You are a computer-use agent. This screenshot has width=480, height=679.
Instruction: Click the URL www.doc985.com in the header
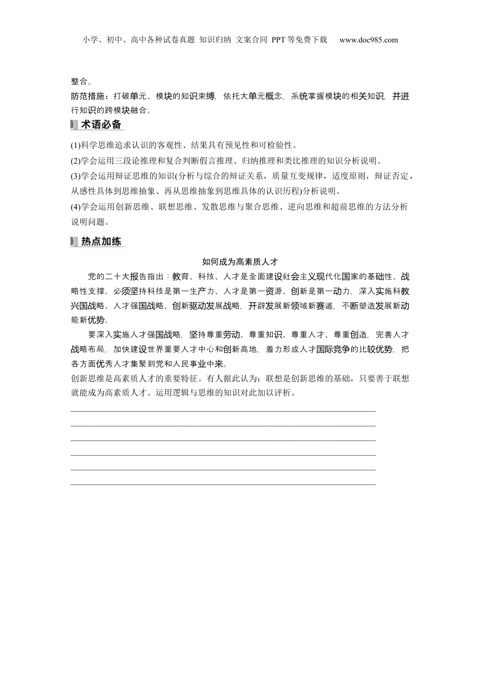coord(368,40)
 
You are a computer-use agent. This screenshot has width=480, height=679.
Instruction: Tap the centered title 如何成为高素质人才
coord(240,261)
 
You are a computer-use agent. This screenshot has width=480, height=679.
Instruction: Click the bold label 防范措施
coord(87,96)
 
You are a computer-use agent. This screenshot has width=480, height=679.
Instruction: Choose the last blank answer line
coord(223,484)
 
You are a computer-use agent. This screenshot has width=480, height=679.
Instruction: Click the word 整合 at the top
coord(79,81)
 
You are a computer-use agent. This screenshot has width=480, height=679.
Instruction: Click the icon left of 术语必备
coord(74,125)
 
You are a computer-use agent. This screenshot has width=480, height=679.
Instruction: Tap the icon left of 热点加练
coord(74,241)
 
